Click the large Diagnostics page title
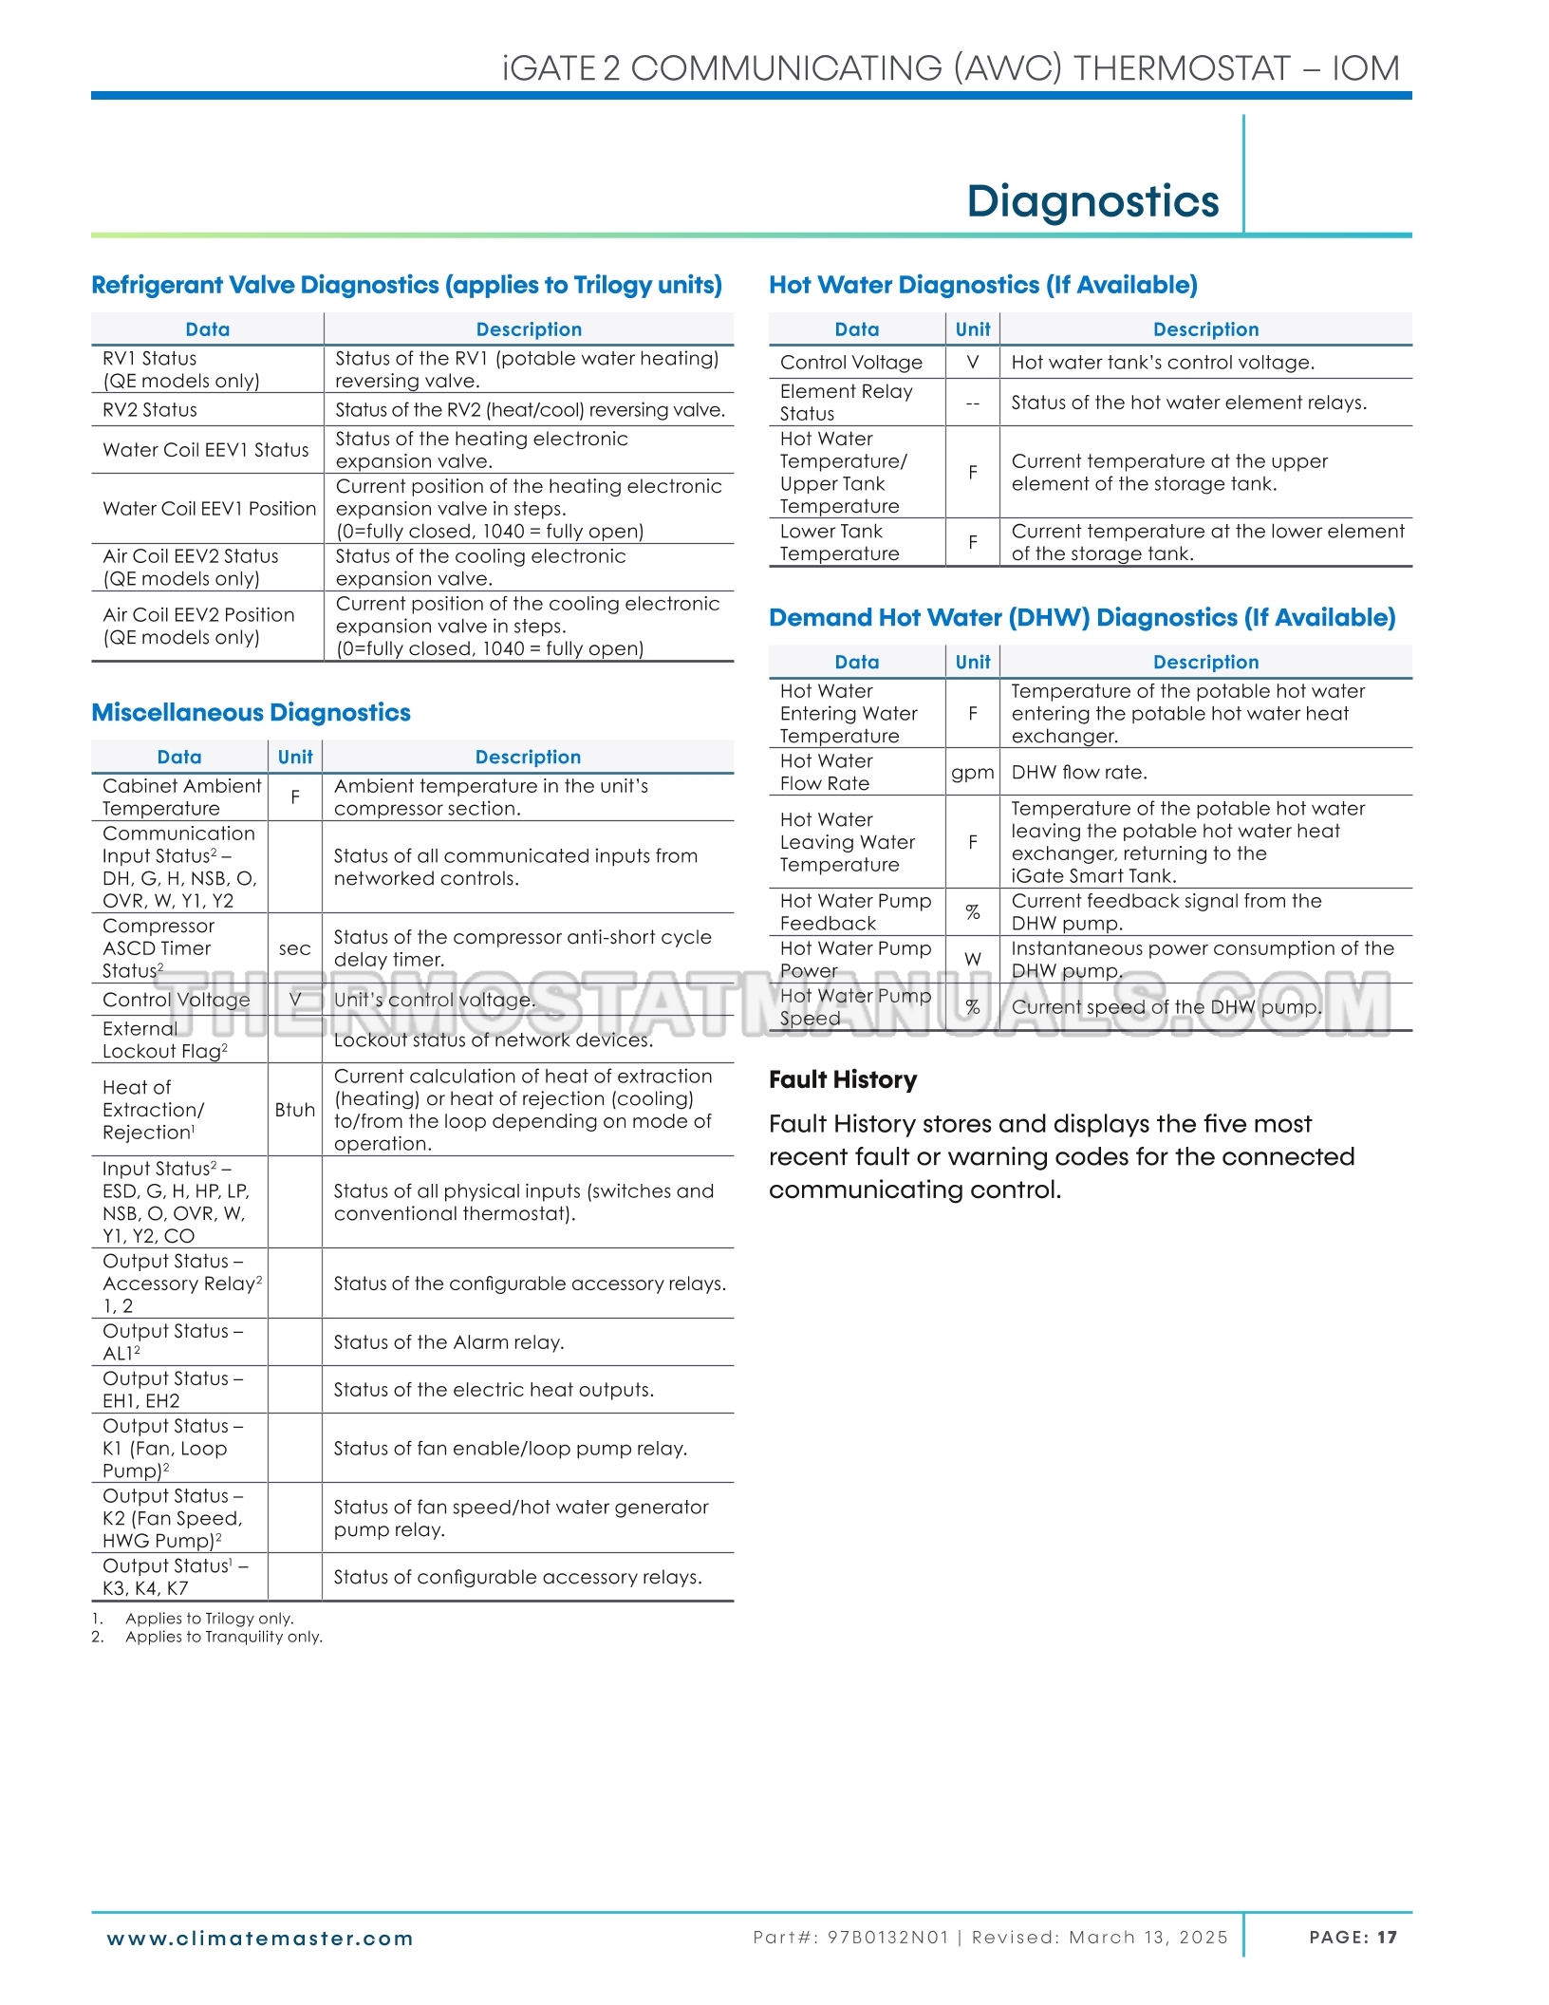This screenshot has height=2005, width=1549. point(1092,201)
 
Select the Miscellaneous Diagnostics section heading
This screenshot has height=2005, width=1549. point(251,712)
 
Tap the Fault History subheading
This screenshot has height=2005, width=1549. point(843,1079)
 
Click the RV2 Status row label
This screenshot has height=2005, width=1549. point(150,410)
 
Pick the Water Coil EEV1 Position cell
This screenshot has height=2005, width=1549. point(209,509)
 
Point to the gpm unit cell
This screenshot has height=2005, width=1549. point(972,772)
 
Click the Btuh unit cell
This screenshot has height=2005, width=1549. point(294,1110)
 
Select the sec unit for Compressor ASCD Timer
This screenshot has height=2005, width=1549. point(294,948)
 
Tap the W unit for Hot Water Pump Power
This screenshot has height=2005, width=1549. point(972,960)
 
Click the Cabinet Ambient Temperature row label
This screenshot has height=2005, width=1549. point(181,797)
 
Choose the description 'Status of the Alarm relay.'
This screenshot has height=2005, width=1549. point(449,1342)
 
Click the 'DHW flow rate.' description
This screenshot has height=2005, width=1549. point(1079,772)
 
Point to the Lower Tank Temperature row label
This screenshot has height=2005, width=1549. point(839,542)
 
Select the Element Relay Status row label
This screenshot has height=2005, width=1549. point(846,403)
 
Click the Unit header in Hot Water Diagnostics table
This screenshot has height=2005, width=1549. point(972,329)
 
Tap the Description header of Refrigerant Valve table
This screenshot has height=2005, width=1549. point(529,329)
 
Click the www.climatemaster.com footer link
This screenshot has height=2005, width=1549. point(260,1939)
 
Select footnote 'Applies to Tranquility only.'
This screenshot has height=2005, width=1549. point(224,1637)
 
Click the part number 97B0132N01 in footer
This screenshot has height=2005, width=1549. point(887,1938)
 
